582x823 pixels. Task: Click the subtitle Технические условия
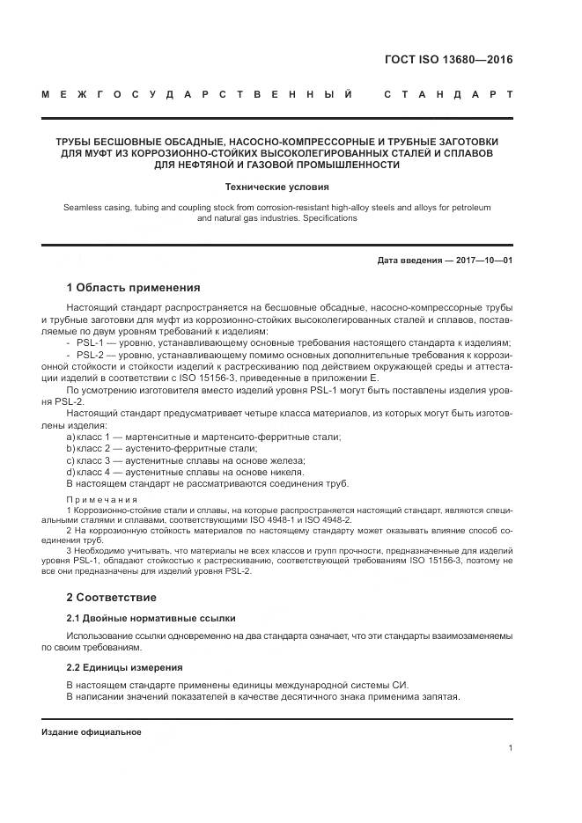(x=276, y=187)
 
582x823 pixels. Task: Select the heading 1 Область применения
(x=134, y=287)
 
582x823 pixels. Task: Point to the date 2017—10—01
(x=483, y=261)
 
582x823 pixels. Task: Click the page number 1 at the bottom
(x=511, y=747)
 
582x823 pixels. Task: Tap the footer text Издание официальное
(x=92, y=731)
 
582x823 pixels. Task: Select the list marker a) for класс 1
(x=70, y=437)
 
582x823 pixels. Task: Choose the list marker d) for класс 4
(x=70, y=472)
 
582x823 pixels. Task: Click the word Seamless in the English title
(x=84, y=206)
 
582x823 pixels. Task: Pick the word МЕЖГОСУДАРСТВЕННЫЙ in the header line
(x=202, y=94)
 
